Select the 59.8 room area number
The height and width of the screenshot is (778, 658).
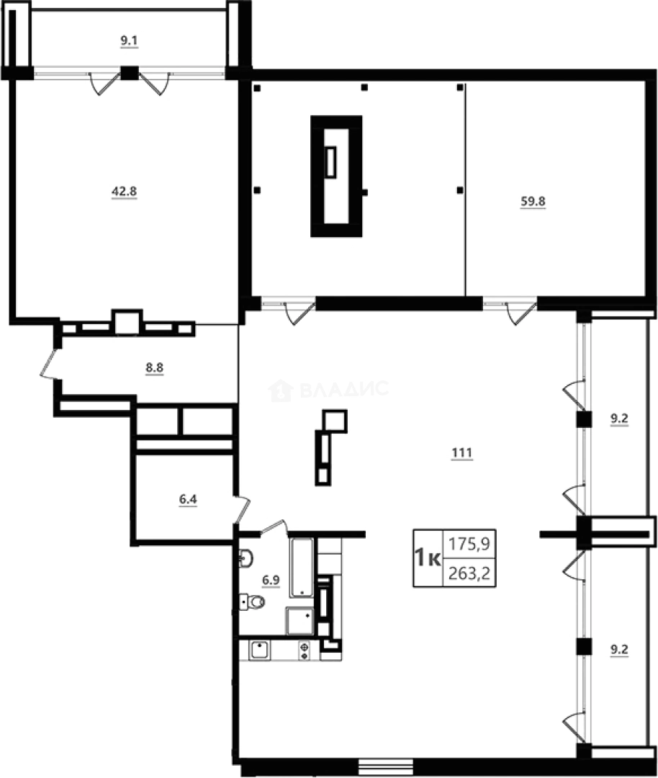tap(533, 202)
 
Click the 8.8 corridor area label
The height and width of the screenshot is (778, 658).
tap(155, 367)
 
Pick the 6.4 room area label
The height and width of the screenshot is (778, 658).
tap(187, 498)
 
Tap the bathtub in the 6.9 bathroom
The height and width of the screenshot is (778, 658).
tap(302, 567)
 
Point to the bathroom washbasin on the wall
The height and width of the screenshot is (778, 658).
tap(245, 557)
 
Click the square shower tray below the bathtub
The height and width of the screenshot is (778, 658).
tap(299, 620)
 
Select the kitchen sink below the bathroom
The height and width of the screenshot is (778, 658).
tap(259, 650)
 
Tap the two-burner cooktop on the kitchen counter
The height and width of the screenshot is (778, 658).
tap(305, 650)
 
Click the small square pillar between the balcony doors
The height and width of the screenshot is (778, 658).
tap(130, 72)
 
